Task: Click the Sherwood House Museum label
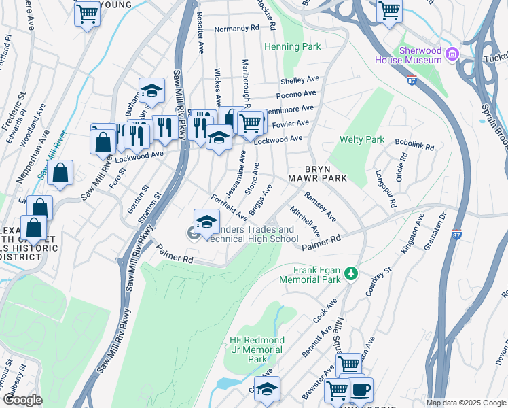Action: click(x=411, y=55)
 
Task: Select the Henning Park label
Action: click(x=293, y=47)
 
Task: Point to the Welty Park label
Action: click(x=361, y=140)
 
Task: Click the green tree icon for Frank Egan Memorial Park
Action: click(x=350, y=273)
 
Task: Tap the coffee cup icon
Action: click(x=360, y=390)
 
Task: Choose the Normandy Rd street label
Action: click(x=237, y=29)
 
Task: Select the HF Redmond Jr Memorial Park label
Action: click(x=257, y=349)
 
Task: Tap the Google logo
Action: click(x=22, y=399)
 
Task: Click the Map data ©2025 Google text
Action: click(x=466, y=403)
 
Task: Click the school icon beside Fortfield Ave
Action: click(x=206, y=221)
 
